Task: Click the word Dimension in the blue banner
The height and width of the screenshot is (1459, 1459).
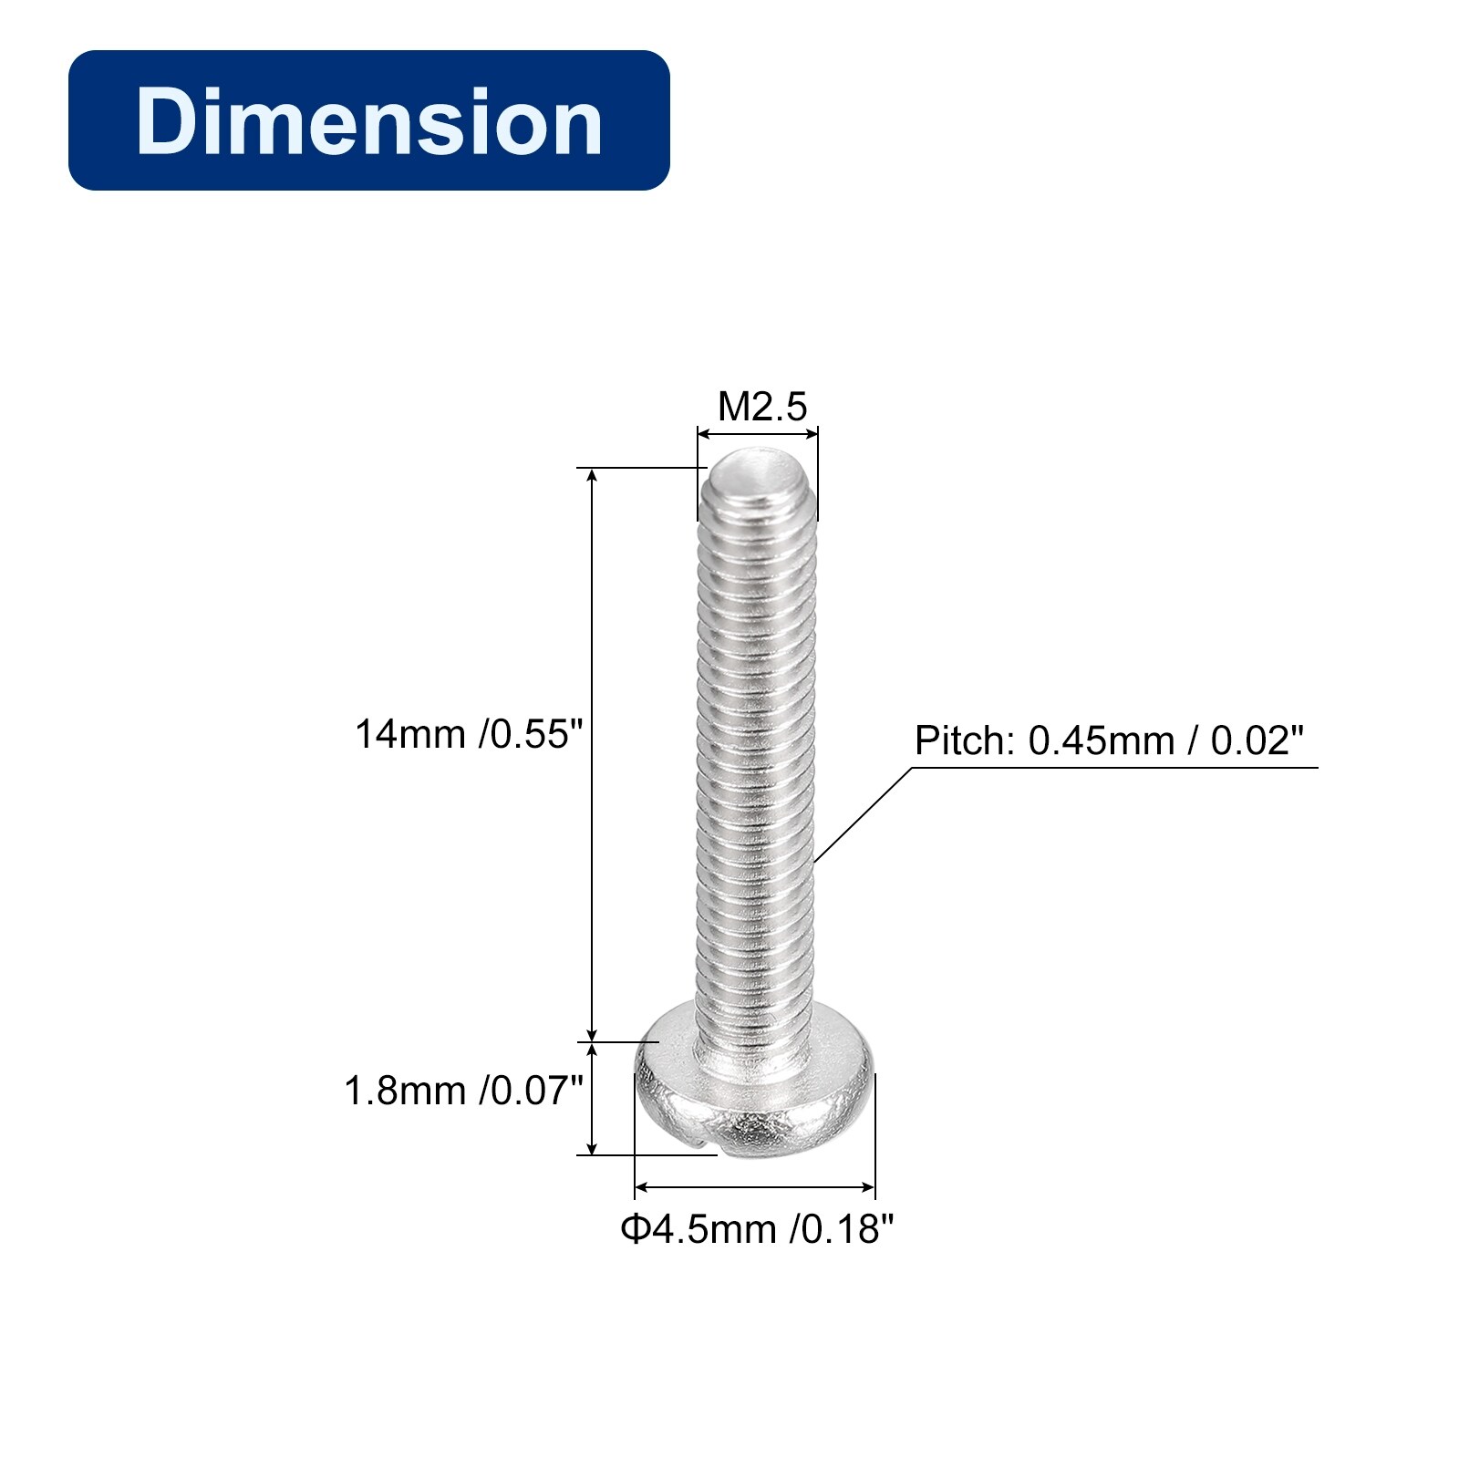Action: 369,121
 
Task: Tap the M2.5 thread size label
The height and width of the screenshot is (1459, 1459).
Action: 762,407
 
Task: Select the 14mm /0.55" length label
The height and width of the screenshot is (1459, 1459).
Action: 469,734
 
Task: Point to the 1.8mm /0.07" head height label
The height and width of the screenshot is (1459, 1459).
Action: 463,1091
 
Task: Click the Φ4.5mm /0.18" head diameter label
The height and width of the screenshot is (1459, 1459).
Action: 758,1229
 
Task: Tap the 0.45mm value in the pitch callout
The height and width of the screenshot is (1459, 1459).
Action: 1102,740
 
